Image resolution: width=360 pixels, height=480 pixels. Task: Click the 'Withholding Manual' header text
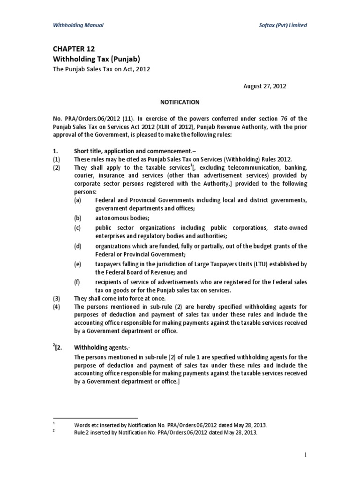point(77,25)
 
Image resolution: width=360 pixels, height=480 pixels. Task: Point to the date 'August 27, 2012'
point(264,86)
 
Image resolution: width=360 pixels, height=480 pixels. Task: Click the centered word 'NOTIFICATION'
point(180,102)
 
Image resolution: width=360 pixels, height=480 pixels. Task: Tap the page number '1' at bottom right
point(304,454)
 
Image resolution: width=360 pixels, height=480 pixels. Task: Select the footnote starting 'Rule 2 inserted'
point(166,433)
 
